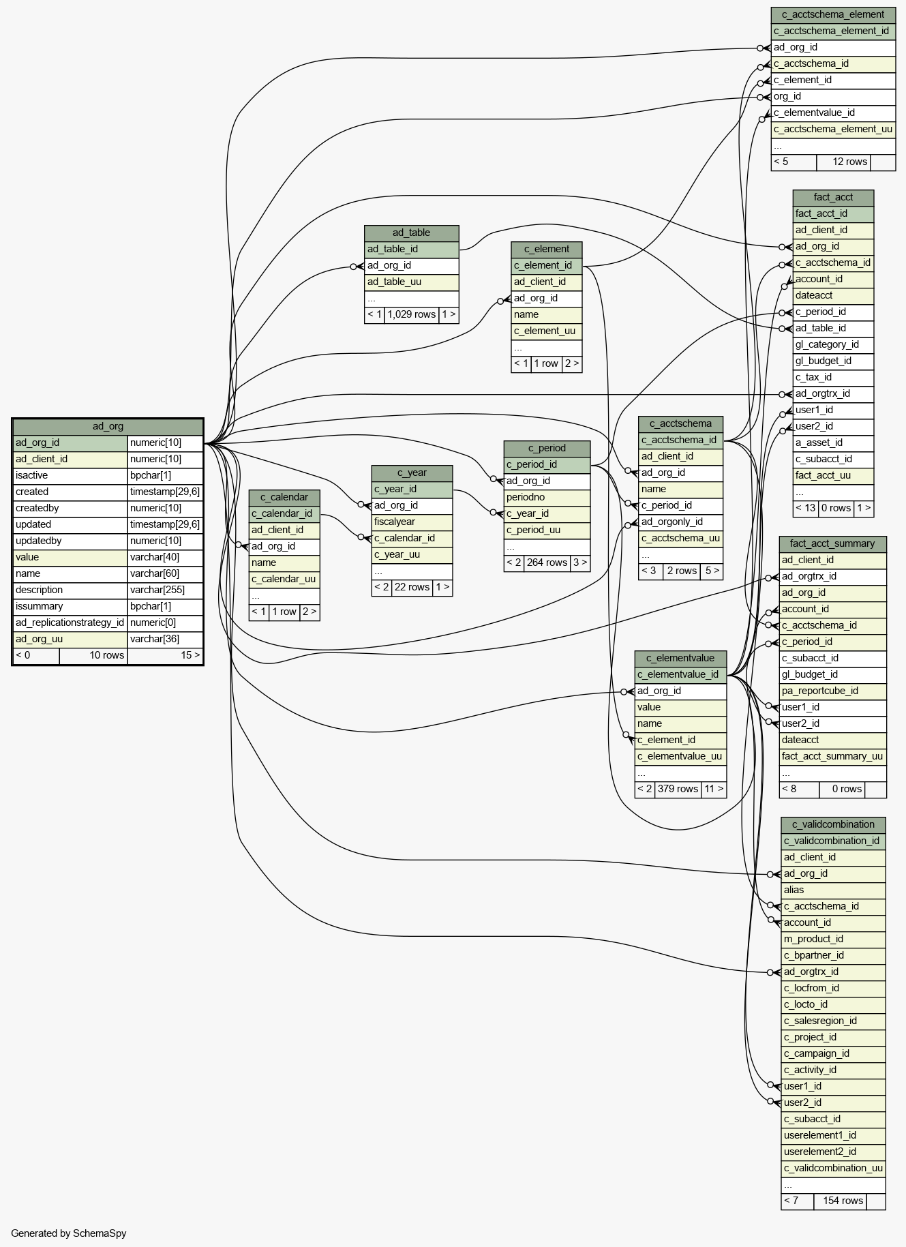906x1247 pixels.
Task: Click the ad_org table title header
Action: (x=108, y=427)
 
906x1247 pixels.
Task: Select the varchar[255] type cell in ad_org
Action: (x=165, y=590)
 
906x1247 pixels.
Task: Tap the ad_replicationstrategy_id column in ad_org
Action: (x=70, y=623)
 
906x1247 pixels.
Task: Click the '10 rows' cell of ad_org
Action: (x=93, y=656)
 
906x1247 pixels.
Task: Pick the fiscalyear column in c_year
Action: (x=412, y=522)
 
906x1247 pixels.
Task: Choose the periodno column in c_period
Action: (x=547, y=498)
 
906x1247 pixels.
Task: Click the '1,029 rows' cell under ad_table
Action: (x=412, y=315)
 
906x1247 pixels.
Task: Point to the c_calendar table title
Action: (x=284, y=498)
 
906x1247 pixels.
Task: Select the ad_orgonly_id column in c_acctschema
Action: (x=680, y=522)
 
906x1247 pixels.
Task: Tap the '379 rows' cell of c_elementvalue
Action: (x=678, y=790)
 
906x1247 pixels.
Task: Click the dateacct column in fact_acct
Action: (x=833, y=296)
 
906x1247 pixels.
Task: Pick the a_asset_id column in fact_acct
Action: (x=833, y=443)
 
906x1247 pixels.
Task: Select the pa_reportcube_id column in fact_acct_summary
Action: (x=833, y=691)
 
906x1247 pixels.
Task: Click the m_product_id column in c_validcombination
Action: (x=833, y=940)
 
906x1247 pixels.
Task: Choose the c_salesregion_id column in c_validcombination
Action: (x=833, y=1021)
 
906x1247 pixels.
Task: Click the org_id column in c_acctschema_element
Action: (x=833, y=97)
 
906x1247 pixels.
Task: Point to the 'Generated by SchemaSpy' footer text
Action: (x=69, y=1233)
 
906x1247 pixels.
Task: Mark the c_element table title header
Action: (x=547, y=250)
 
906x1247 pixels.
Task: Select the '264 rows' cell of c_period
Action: (x=547, y=563)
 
